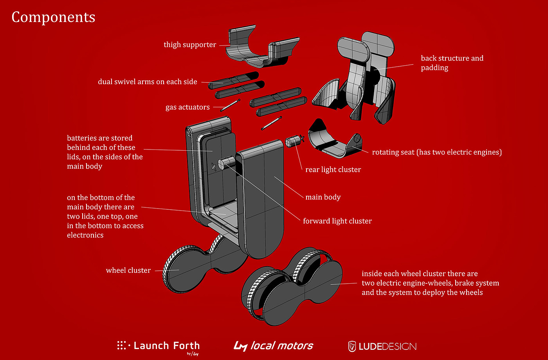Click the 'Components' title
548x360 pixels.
tap(53, 18)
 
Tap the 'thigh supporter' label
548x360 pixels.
tap(190, 45)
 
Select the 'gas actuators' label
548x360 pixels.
tap(187, 107)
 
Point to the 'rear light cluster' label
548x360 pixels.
tap(333, 169)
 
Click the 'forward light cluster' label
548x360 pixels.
tap(337, 221)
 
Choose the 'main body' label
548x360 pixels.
tap(323, 197)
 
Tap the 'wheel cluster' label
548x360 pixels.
tap(128, 270)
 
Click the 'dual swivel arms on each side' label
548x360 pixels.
tap(148, 82)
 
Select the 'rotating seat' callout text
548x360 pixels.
tap(436, 152)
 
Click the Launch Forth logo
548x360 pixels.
tap(159, 346)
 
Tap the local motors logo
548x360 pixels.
tap(273, 346)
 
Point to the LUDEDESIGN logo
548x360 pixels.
tap(382, 346)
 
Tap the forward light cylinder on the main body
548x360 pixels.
tap(226, 164)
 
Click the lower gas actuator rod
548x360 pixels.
tap(271, 123)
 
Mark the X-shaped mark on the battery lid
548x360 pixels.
tap(214, 166)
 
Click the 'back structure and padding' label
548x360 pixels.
tap(452, 63)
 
